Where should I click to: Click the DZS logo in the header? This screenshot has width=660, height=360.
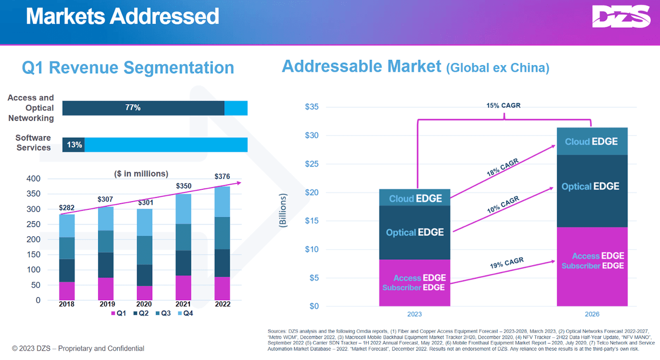[621, 17]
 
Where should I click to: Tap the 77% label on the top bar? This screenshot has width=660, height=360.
[133, 107]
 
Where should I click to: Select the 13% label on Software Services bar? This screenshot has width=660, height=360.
[74, 144]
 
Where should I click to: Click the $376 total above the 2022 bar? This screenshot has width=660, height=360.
[222, 176]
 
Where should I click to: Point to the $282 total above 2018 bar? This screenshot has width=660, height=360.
[67, 208]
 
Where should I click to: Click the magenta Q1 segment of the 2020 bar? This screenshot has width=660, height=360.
[144, 293]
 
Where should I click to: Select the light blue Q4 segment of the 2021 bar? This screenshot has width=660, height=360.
[183, 209]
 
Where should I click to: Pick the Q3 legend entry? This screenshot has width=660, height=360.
[163, 313]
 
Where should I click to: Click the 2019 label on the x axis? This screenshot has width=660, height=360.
[107, 304]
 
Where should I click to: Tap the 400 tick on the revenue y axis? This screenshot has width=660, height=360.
[34, 178]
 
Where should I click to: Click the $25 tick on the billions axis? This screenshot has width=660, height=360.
[312, 164]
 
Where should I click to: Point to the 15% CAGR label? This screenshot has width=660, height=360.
[503, 105]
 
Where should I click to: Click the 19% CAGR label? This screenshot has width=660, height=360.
[507, 263]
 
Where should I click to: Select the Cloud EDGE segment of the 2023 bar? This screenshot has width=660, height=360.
[415, 198]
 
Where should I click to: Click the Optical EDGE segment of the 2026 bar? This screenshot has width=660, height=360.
[592, 191]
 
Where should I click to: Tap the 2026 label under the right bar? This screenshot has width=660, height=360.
[592, 314]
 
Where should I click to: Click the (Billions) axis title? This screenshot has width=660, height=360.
[283, 210]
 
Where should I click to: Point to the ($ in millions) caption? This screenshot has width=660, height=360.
[141, 174]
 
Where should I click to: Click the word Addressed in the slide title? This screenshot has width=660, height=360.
[164, 16]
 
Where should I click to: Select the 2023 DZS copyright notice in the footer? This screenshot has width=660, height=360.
[78, 349]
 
